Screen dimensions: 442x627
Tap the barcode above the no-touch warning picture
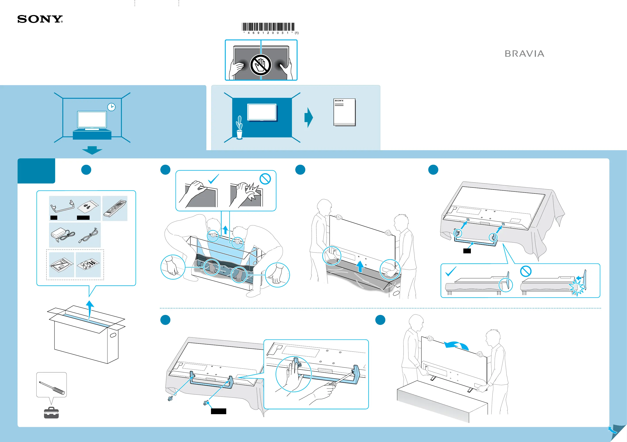(268, 27)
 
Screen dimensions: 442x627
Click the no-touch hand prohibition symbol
(261, 65)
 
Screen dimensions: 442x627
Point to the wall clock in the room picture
(111, 107)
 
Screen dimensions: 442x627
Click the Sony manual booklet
(344, 112)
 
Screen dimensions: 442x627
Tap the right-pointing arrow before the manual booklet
(309, 118)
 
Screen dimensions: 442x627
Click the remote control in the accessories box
(115, 208)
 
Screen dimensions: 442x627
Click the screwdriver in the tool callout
(52, 388)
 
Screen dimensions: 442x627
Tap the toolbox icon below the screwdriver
(51, 413)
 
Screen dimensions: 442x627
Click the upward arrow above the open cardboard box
(90, 309)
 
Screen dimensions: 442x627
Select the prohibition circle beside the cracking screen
(265, 179)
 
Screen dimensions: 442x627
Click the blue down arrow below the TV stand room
(92, 150)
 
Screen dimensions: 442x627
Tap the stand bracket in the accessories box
(62, 206)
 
